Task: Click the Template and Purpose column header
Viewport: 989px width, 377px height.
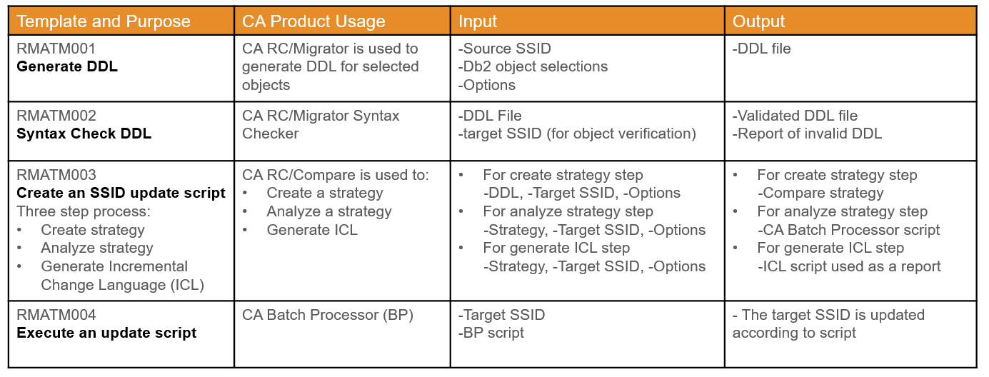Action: tap(104, 21)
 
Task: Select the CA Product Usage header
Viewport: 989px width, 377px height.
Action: tap(313, 21)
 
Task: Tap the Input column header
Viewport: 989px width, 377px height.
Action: tap(478, 21)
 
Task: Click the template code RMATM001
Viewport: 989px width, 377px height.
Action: tap(56, 49)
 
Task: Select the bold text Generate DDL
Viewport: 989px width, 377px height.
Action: tap(67, 66)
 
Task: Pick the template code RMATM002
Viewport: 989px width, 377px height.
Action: tap(56, 116)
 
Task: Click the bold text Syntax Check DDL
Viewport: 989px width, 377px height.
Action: tap(84, 134)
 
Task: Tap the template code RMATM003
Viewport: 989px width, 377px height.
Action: tap(56, 175)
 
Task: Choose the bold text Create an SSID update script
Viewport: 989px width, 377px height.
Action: tap(121, 193)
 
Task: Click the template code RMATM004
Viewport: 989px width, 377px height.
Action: tap(56, 315)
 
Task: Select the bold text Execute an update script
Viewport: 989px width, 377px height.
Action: tap(106, 333)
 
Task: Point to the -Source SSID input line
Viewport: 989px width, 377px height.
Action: tap(505, 49)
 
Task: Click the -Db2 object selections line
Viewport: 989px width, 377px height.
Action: tap(533, 66)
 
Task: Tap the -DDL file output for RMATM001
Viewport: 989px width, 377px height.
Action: tap(761, 49)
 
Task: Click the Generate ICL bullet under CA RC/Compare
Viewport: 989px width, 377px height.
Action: tap(311, 230)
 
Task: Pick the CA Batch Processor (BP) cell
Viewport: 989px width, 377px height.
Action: tap(328, 315)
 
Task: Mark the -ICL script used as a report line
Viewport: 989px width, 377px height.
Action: tap(849, 266)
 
